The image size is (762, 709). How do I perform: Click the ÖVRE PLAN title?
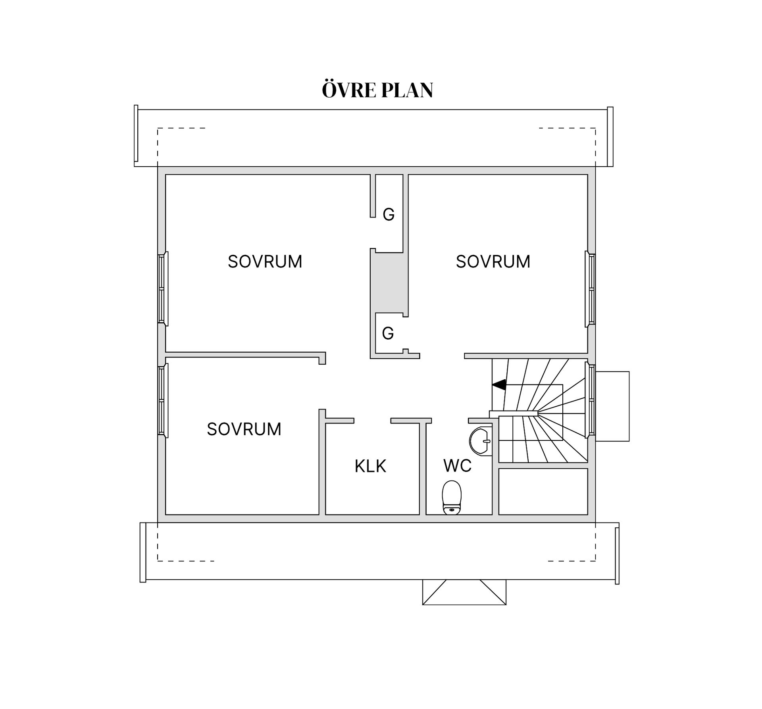coord(377,90)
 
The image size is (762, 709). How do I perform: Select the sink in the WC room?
coord(479,441)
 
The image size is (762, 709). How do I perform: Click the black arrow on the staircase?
coord(499,384)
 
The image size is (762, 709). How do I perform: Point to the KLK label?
coord(370,466)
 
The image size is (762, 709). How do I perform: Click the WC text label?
coord(457,466)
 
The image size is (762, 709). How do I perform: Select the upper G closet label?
coord(389,215)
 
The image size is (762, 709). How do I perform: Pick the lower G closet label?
coord(388,333)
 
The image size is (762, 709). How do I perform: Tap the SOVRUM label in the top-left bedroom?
coord(265,261)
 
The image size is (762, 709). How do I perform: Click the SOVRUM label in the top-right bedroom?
coord(493,261)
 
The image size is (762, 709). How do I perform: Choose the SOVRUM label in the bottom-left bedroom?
coord(244,429)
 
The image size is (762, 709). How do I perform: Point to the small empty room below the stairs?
coord(543,492)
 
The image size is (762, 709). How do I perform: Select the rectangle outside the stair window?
coord(612,406)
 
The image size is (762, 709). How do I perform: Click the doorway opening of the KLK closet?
coord(372,421)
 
